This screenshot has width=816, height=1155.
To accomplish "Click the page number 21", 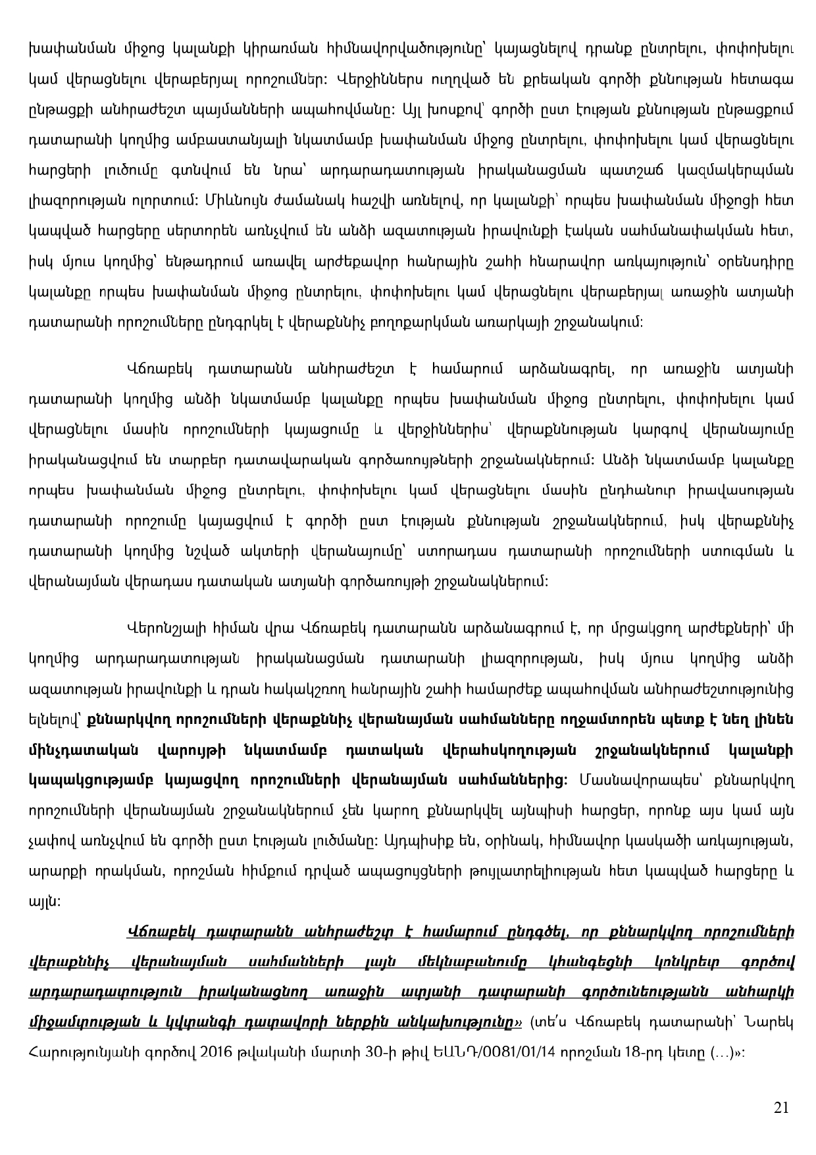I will coord(781,1108).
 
